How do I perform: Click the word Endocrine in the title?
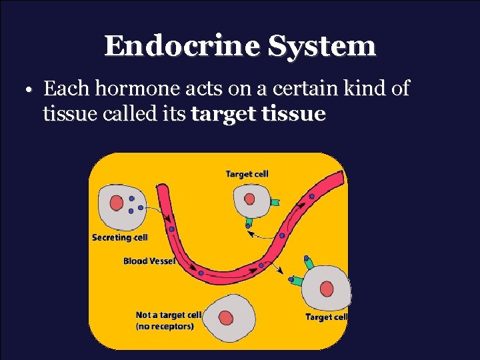[182, 46]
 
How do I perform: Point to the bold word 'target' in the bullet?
[221, 115]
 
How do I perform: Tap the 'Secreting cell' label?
[120, 237]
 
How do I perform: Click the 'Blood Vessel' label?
[149, 261]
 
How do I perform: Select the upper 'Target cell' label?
[247, 174]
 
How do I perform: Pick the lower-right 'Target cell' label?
[326, 317]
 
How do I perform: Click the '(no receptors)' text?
[165, 327]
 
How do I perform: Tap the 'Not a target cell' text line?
[169, 315]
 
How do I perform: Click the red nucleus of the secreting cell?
[116, 203]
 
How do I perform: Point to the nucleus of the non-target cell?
[227, 319]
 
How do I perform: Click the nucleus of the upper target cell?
[249, 199]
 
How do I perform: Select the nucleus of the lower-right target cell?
[326, 289]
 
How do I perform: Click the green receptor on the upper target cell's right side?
[276, 200]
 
